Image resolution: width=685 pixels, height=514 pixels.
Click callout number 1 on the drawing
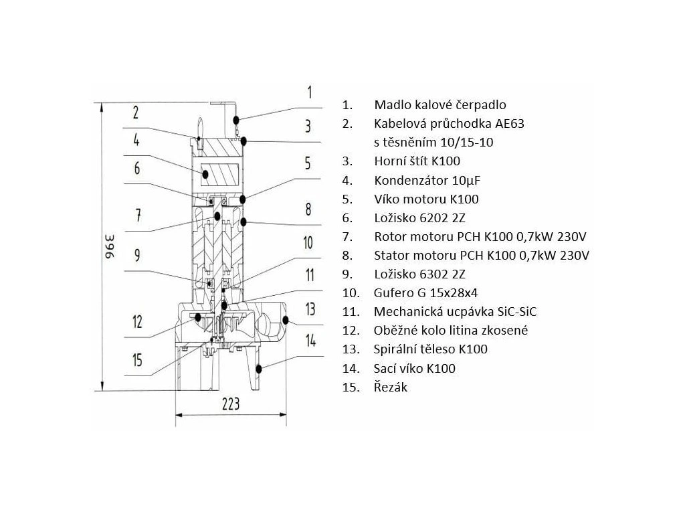[309, 92]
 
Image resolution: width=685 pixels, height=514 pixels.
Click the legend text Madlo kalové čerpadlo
[440, 105]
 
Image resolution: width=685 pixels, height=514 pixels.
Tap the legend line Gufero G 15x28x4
[422, 292]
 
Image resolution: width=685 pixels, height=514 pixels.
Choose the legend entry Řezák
[391, 387]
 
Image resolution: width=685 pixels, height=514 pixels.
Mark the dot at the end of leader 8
[245, 221]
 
